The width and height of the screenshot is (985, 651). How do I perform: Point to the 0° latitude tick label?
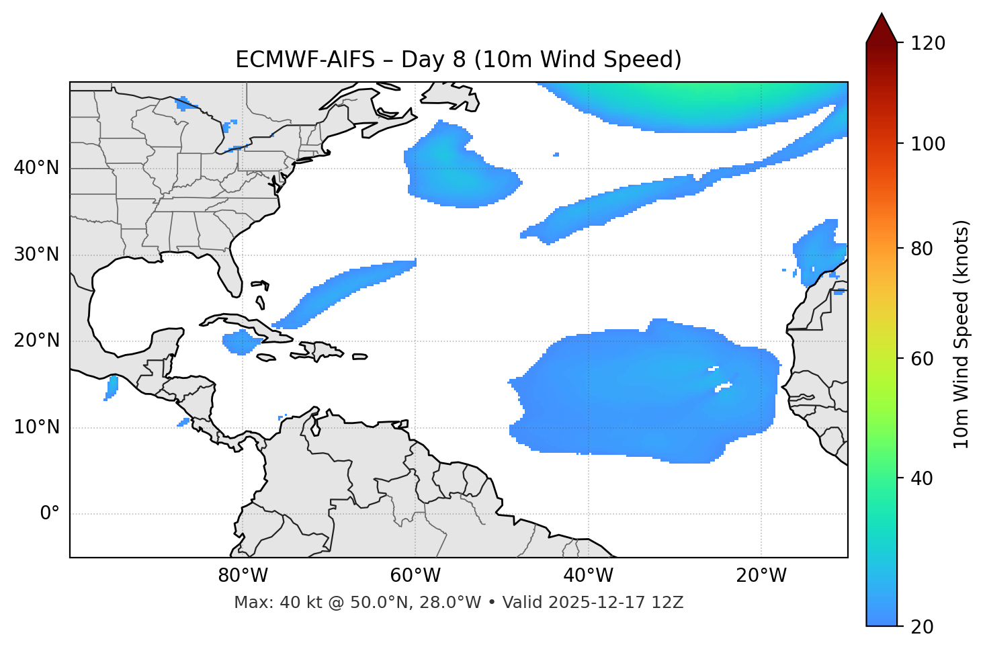(50, 514)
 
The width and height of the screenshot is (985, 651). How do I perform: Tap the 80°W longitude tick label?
(243, 576)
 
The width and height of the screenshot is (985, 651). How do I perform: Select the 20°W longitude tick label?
(761, 576)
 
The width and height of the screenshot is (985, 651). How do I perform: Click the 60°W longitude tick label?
(415, 576)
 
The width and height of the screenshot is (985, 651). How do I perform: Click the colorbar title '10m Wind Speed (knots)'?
(961, 334)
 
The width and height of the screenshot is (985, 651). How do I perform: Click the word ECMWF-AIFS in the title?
(305, 60)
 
